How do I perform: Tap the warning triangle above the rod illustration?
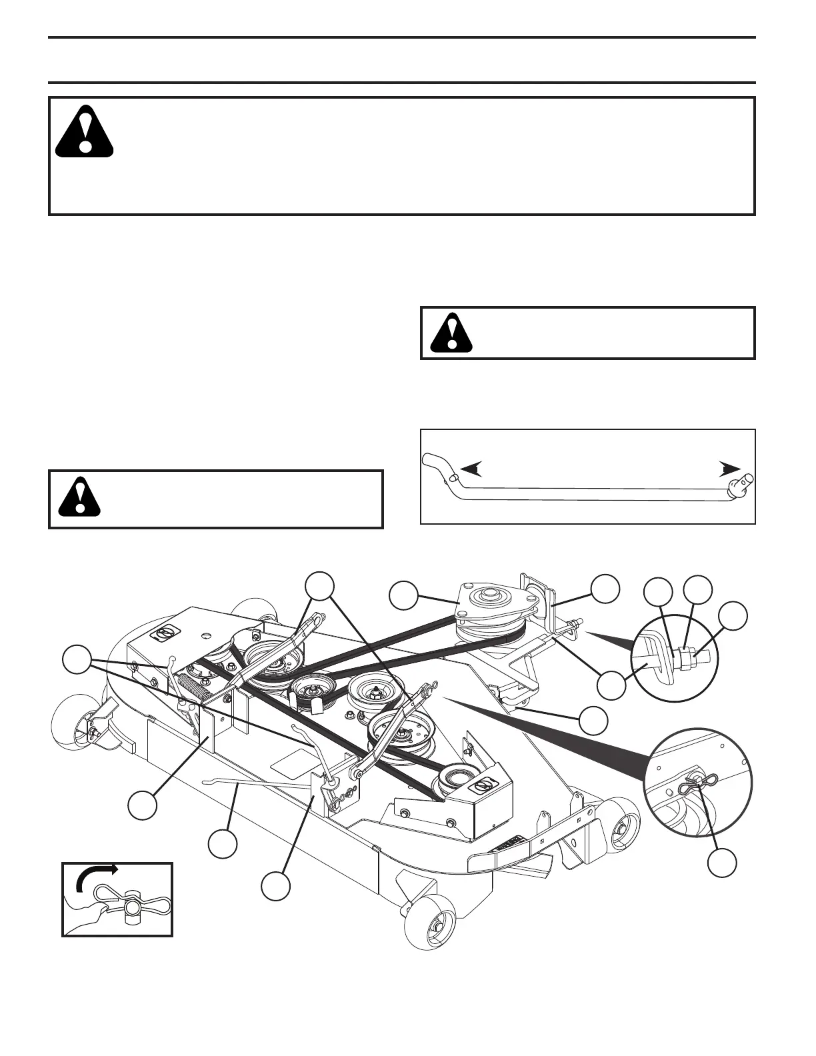451,333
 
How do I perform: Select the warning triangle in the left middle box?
79,498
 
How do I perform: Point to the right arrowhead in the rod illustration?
729,469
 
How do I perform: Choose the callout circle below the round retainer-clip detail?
722,863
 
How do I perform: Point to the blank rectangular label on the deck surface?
293,757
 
